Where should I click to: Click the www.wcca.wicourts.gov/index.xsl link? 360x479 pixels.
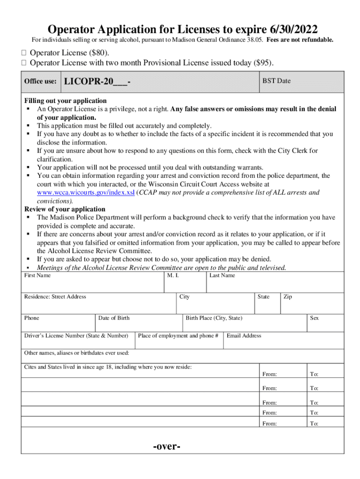coord(86,192)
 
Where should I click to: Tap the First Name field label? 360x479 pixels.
coord(37,276)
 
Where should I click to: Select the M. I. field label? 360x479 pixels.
coord(173,276)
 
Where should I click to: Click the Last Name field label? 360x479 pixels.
coord(222,276)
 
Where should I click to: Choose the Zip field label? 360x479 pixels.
coord(288,297)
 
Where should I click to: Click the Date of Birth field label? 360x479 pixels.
coord(114,318)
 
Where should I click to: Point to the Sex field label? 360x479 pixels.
coord(314,318)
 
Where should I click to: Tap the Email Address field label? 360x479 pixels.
coord(244,335)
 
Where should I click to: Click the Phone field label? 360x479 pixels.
coord(32,318)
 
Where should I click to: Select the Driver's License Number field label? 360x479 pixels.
coord(76,335)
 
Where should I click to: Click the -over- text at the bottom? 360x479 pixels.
coord(167,446)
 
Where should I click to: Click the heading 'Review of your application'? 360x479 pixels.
coord(65,209)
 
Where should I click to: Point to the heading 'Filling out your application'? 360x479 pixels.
coord(65,101)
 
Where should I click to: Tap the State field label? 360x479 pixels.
coord(263,297)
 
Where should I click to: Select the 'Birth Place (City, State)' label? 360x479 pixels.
coord(214,318)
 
